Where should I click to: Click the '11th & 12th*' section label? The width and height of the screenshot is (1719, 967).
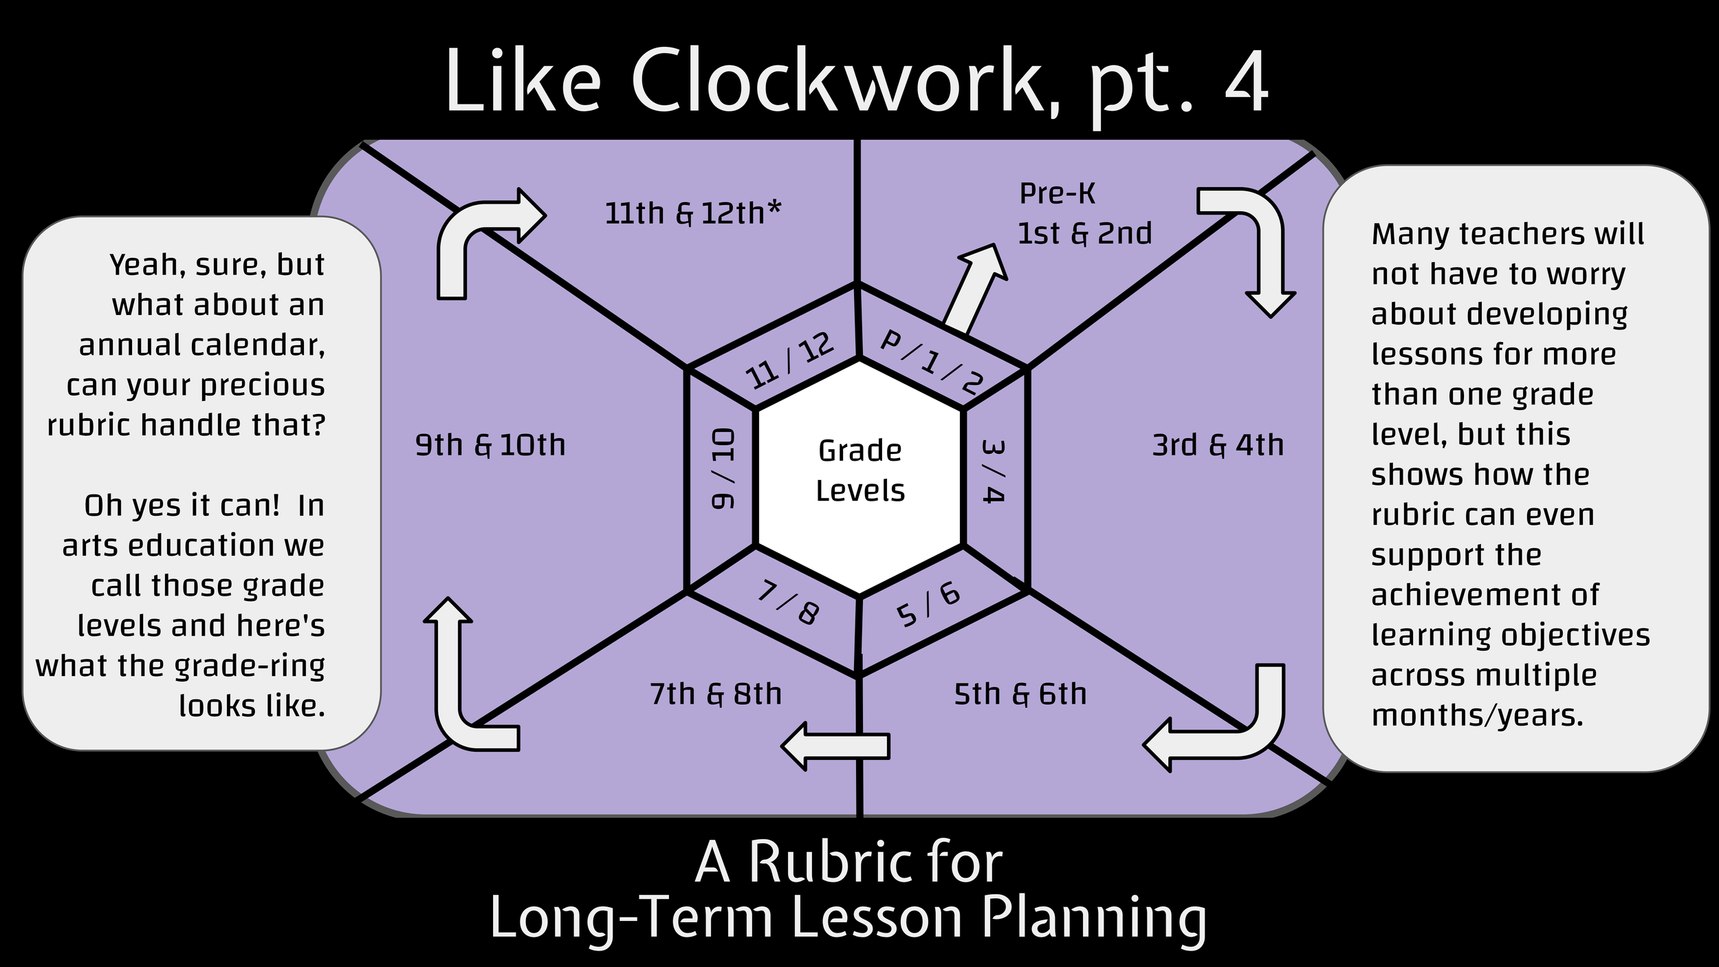point(692,213)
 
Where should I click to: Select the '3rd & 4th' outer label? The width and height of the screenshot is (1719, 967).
point(1218,445)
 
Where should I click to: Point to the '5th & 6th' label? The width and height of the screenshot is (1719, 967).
point(1020,694)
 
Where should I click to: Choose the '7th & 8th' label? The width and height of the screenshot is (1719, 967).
point(716,694)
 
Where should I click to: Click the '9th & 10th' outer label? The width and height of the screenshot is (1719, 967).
point(490,445)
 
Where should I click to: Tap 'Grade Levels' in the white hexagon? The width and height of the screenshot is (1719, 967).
point(859,470)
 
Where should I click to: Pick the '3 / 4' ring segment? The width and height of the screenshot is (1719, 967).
point(994,471)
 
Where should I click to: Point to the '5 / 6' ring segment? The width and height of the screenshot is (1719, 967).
point(928,605)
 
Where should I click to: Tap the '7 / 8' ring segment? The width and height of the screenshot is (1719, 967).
point(789,602)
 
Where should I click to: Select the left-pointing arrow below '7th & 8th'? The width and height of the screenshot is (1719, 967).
point(835,746)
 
